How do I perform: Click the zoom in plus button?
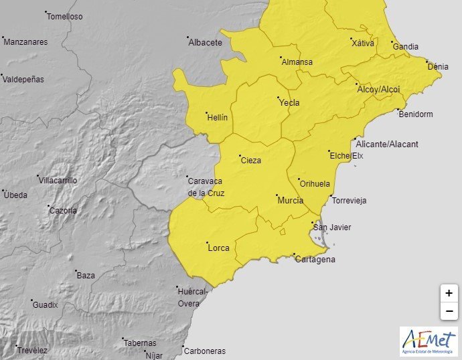click(449, 293)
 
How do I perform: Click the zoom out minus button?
click(449, 311)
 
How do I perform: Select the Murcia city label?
click(290, 201)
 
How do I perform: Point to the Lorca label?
click(219, 248)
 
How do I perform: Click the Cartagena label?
click(315, 260)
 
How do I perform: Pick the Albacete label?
click(206, 43)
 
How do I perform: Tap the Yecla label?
click(289, 103)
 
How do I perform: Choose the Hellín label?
click(217, 118)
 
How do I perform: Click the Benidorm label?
click(416, 114)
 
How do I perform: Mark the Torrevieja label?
click(350, 201)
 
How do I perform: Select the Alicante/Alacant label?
click(388, 145)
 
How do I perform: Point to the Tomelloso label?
click(65, 17)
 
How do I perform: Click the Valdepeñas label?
click(24, 79)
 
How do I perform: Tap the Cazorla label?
click(63, 211)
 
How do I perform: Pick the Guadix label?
click(46, 305)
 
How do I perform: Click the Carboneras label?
click(205, 351)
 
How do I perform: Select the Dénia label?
click(438, 67)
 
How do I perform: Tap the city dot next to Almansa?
click(281, 58)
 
